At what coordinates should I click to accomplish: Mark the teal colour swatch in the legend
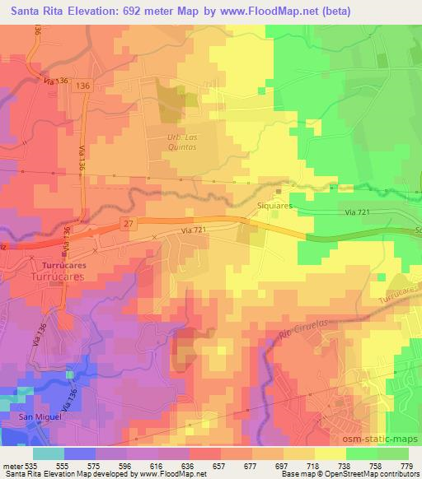(48, 453)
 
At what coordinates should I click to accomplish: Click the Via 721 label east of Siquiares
(359, 212)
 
